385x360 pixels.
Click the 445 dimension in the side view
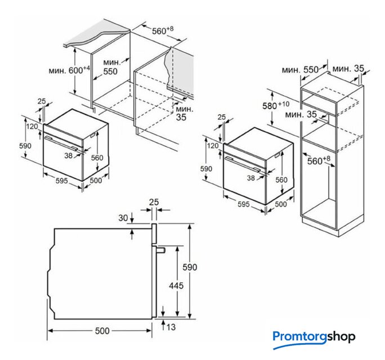click(176, 285)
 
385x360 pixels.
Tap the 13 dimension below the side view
click(171, 327)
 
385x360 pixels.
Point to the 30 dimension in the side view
click(123, 218)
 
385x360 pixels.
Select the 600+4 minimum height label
click(69, 70)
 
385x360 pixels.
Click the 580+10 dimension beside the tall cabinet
click(276, 106)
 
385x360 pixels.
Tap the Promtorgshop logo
click(314, 338)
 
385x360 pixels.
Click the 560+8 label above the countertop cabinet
click(163, 30)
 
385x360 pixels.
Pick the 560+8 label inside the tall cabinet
click(319, 160)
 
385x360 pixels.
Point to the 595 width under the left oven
click(61, 181)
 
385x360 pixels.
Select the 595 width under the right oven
click(244, 204)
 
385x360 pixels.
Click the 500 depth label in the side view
click(102, 331)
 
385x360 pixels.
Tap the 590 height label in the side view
click(190, 267)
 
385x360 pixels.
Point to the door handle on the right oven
click(242, 164)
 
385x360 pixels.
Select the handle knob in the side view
click(161, 250)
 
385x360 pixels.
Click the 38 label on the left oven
click(69, 155)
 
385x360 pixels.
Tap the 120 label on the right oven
click(213, 146)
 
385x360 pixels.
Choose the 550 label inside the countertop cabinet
click(110, 71)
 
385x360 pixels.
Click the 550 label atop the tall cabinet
click(311, 70)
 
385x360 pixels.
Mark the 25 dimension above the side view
click(154, 202)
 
